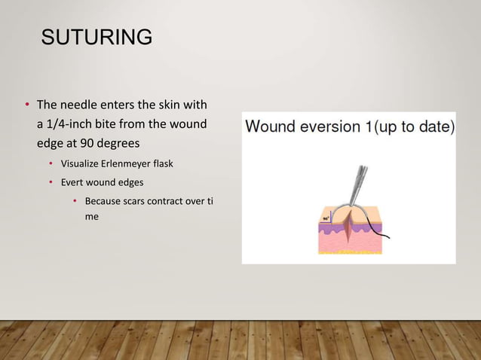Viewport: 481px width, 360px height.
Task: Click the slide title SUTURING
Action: tap(97, 37)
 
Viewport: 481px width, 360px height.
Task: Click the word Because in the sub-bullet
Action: tap(104, 201)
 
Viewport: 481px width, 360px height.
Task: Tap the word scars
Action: tap(140, 201)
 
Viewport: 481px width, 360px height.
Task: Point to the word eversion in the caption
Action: tap(331, 126)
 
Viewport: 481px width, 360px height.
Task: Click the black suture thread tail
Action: tap(381, 234)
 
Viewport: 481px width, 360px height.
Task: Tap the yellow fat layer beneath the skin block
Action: tap(351, 252)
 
